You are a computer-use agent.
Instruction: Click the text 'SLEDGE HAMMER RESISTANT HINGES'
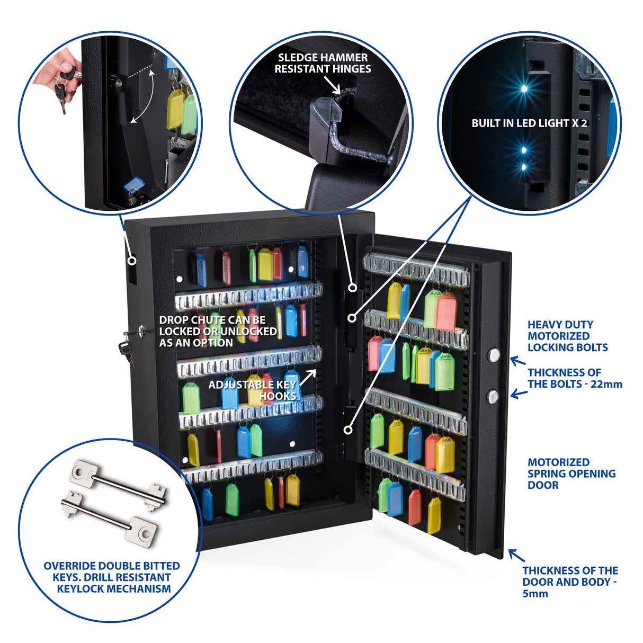click(x=322, y=63)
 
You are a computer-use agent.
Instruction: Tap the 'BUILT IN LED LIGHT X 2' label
click(x=529, y=123)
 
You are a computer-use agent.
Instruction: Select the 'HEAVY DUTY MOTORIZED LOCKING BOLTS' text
click(x=567, y=336)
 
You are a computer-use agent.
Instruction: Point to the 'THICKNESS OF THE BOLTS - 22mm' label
click(x=574, y=378)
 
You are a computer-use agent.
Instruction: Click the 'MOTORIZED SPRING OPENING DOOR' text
click(x=571, y=474)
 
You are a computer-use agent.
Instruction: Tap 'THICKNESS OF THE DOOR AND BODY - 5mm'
click(x=569, y=582)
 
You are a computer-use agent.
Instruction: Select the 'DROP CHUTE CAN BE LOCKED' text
click(x=218, y=332)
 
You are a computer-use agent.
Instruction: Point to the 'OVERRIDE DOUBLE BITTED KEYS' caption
click(x=112, y=577)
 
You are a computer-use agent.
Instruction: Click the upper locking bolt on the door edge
click(x=494, y=354)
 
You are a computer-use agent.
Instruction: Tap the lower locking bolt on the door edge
click(x=493, y=396)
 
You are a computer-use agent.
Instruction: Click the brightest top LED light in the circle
click(x=523, y=88)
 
